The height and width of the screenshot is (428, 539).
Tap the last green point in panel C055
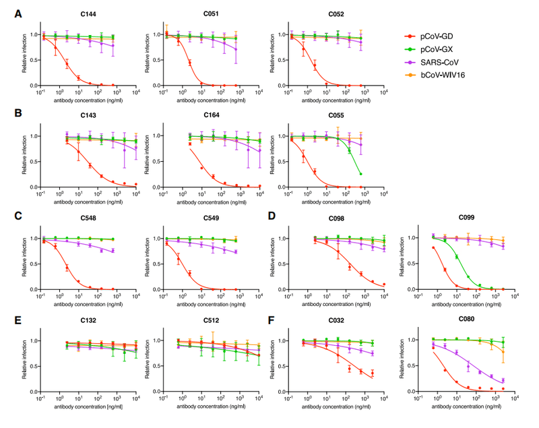point(361,174)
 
